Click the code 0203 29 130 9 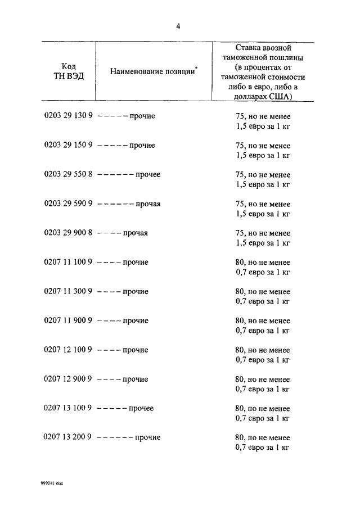[69, 116]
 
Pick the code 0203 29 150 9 [69, 146]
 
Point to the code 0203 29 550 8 [69, 175]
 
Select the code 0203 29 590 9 [69, 204]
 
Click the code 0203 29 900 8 [69, 233]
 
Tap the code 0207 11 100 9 [69, 263]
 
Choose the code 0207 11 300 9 [69, 292]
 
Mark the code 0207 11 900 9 [69, 321]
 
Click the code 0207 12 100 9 [69, 350]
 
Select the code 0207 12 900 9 [69, 379]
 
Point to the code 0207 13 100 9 [69, 409]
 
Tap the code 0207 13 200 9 [69, 437]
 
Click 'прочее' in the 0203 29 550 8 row [148, 175]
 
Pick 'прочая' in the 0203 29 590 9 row [148, 204]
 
